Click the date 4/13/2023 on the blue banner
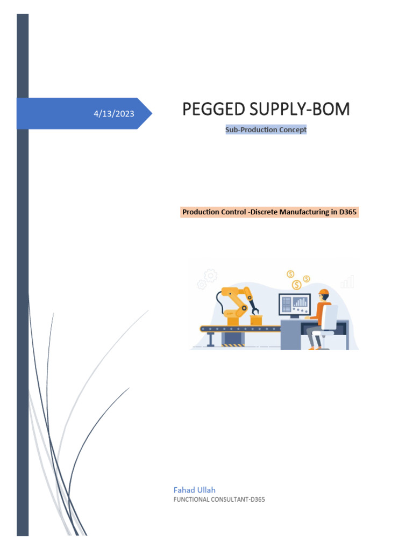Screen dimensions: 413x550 (x=113, y=114)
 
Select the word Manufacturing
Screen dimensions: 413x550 (x=308, y=212)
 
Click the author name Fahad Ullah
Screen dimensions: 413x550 (x=194, y=490)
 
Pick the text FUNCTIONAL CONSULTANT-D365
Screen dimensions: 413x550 (x=219, y=500)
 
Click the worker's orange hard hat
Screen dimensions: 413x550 (x=323, y=293)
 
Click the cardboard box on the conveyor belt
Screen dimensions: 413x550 (x=256, y=320)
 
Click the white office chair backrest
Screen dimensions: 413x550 (x=331, y=316)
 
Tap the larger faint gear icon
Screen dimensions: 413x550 (x=211, y=276)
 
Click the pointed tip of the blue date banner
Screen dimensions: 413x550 (x=151, y=113)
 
